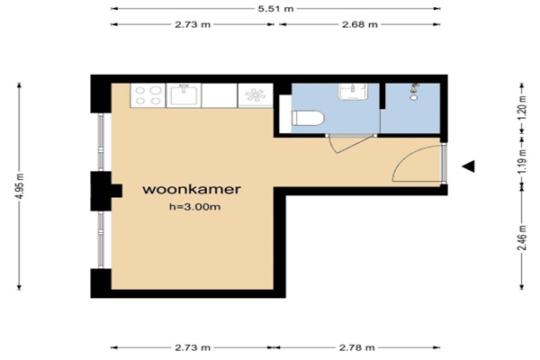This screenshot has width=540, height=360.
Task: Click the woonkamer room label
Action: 192,190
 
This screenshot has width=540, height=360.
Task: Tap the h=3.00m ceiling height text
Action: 195,207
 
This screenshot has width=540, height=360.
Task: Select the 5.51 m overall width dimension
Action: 275,9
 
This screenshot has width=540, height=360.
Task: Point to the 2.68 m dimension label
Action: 359,24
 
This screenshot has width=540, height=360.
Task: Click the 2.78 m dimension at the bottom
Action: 356,347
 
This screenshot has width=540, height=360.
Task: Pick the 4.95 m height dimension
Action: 20,186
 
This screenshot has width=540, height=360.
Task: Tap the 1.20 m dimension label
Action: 522,107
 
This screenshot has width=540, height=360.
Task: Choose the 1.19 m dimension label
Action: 522,161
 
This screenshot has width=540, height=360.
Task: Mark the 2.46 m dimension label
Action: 522,238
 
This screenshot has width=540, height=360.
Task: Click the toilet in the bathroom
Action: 308,118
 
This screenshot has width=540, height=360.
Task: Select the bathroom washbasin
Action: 353,91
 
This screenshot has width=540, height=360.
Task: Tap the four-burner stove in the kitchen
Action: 148,95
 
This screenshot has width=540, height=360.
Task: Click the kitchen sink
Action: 184,95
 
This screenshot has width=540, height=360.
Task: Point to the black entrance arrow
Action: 469,166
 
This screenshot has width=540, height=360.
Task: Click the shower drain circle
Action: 414,98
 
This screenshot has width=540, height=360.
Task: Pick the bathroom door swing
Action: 348,145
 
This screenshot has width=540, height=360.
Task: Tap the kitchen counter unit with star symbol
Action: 256,95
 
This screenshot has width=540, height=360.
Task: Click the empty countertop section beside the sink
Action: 220,95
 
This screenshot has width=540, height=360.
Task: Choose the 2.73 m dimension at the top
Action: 193,24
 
